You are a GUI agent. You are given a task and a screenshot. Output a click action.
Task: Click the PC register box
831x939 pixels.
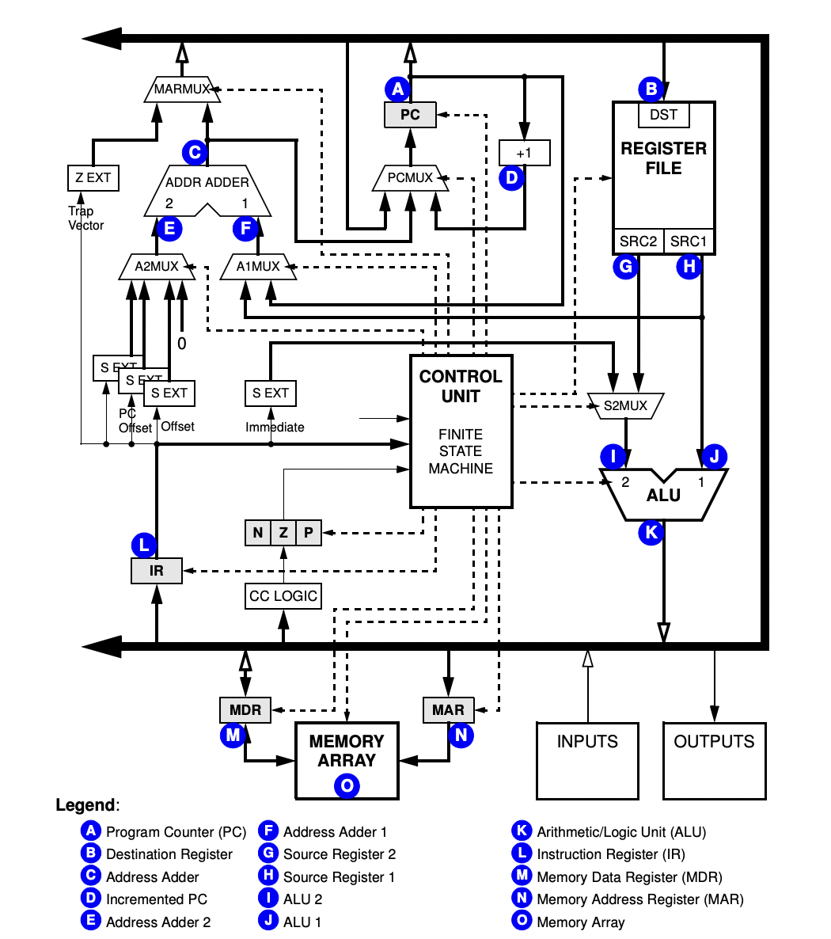[410, 115]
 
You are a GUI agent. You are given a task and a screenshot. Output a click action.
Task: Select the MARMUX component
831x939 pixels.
[182, 89]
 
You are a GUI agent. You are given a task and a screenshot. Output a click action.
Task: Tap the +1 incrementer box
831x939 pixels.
[524, 152]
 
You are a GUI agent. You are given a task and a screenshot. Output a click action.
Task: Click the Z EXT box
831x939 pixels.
[93, 177]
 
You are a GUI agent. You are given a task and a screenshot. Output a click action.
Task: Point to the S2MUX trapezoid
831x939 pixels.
[625, 406]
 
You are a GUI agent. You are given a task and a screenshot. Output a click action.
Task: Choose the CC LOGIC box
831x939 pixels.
[283, 596]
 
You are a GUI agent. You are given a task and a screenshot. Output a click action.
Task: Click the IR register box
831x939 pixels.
[157, 570]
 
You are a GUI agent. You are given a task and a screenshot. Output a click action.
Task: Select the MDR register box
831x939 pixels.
[245, 709]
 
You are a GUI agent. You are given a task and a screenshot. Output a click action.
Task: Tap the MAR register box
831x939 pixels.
[448, 709]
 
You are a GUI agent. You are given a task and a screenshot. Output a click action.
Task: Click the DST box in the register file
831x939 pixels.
[663, 115]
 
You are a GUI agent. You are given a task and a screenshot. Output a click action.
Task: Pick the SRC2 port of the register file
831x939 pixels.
[638, 241]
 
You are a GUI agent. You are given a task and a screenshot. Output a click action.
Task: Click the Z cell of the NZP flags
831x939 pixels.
[283, 533]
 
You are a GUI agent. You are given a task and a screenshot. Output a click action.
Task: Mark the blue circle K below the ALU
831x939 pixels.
[651, 533]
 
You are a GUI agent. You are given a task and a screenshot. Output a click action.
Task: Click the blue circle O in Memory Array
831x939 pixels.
[347, 785]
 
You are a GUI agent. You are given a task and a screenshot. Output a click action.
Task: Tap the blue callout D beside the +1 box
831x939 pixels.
[512, 177]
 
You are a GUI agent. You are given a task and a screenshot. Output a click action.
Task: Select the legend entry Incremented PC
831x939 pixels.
[156, 899]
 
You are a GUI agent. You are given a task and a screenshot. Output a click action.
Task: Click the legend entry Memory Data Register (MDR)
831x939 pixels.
[629, 876]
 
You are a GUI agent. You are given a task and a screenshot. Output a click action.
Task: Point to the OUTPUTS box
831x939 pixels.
[714, 760]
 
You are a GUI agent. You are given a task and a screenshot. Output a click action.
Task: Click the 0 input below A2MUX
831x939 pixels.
[181, 343]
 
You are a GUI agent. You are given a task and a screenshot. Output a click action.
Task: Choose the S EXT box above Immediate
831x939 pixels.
[271, 393]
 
